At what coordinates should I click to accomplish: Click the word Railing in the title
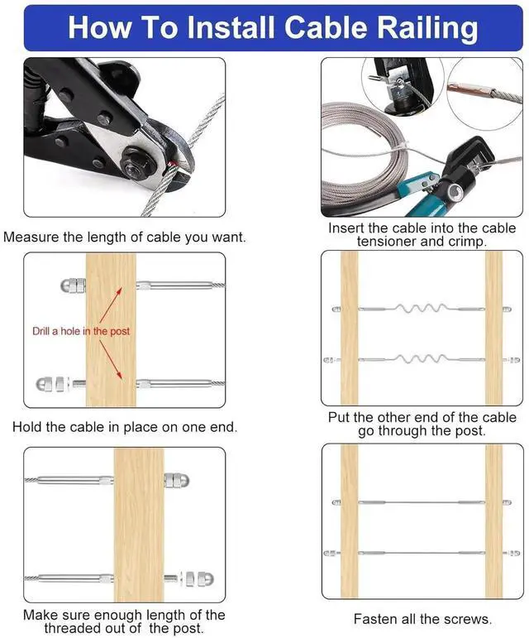pyautogui.click(x=426, y=28)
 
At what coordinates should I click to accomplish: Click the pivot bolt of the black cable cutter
pyautogui.click(x=132, y=161)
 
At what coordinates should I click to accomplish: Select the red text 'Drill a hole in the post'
pyautogui.click(x=81, y=331)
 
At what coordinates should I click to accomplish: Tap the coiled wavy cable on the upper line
pyautogui.click(x=421, y=308)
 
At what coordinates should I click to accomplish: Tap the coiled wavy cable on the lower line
pyautogui.click(x=421, y=359)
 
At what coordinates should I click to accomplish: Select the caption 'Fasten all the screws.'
pyautogui.click(x=422, y=618)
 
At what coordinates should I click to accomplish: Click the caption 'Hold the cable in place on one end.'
pyautogui.click(x=125, y=427)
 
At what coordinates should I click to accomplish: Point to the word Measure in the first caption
pyautogui.click(x=31, y=237)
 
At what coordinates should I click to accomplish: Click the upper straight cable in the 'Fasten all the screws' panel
pyautogui.click(x=422, y=502)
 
